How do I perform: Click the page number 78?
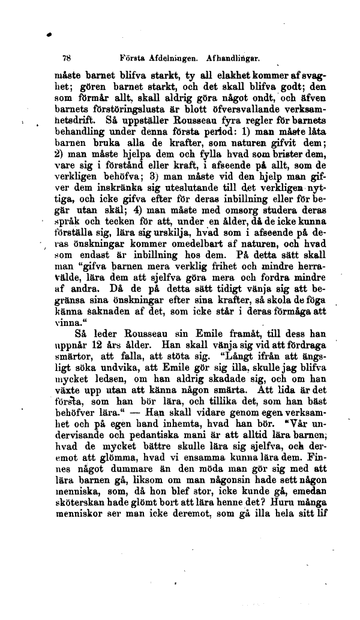tap(67, 59)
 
